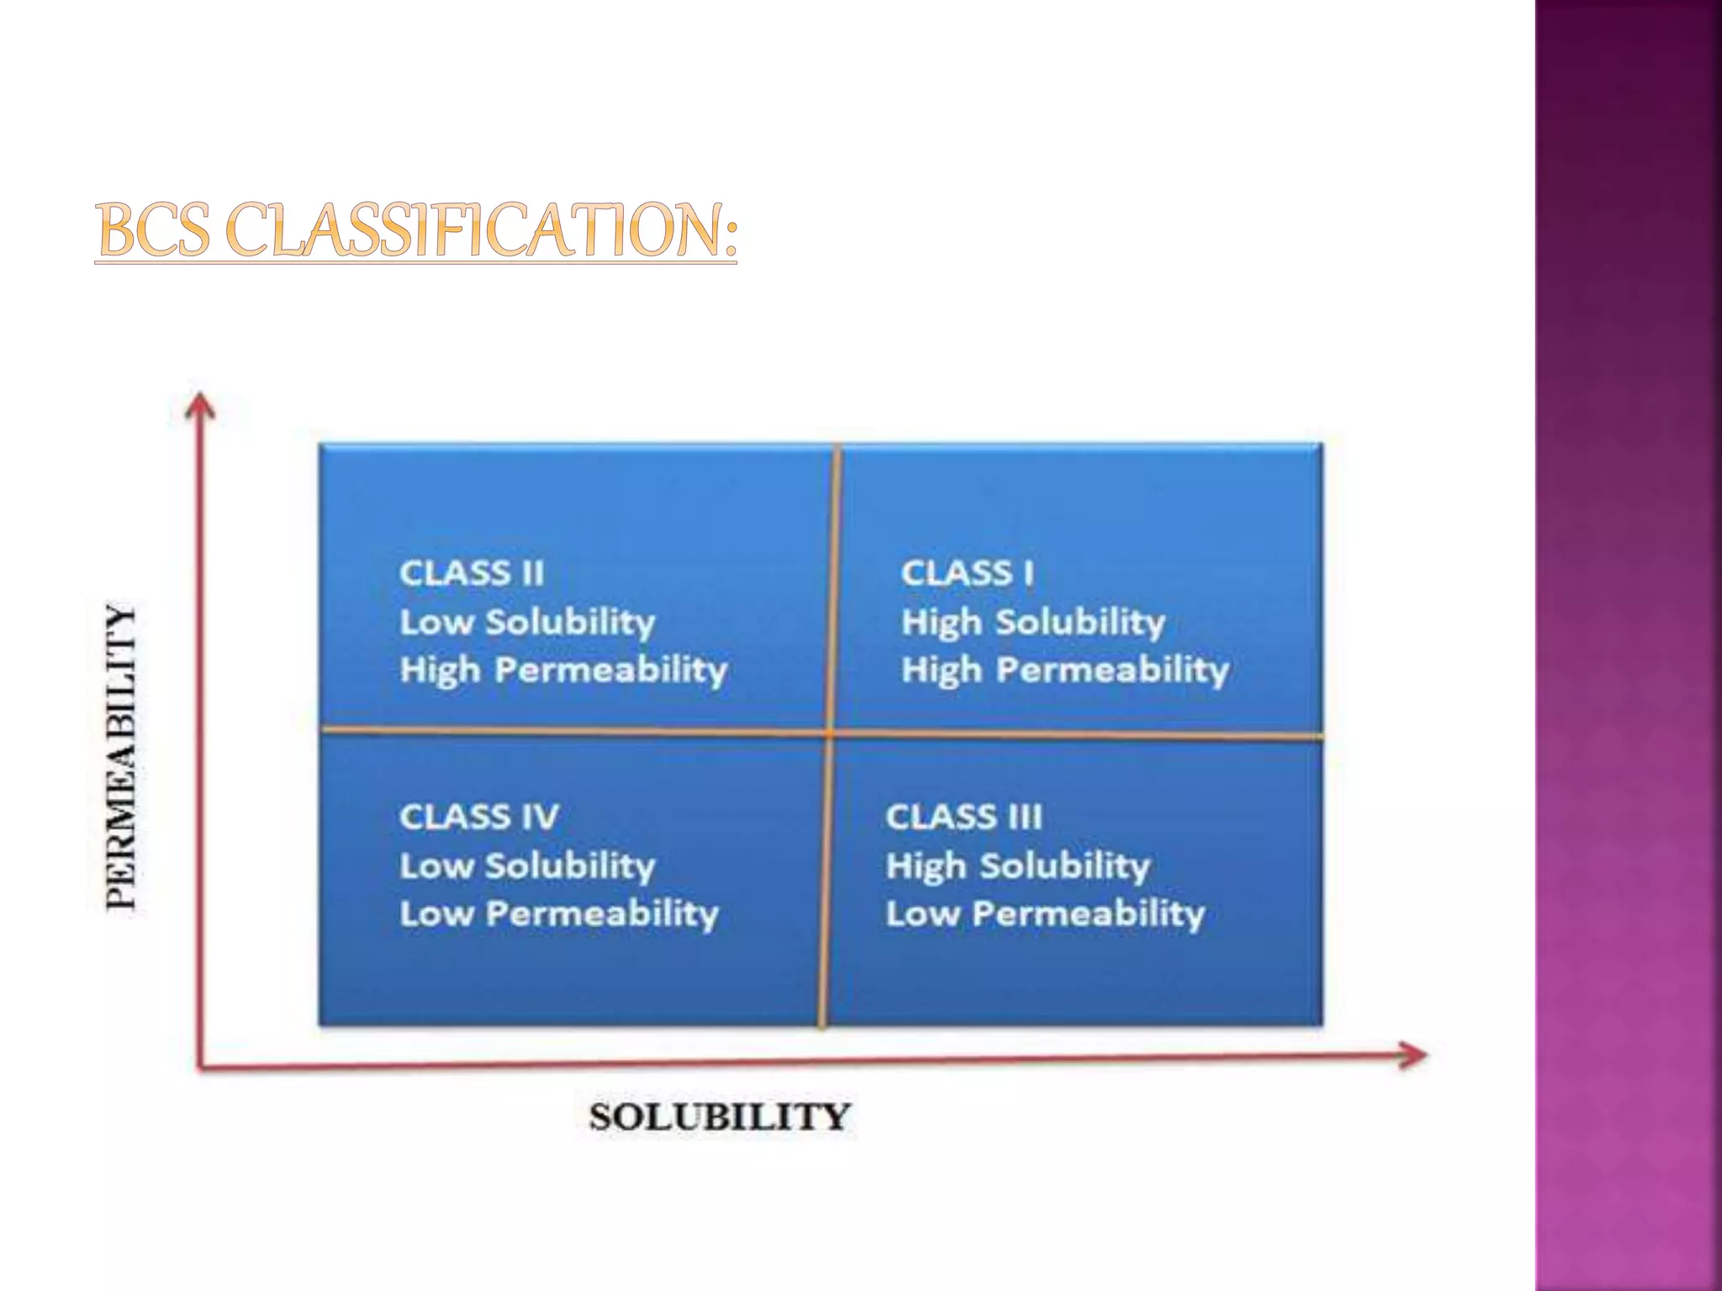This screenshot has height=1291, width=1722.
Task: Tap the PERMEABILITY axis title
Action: pos(123,756)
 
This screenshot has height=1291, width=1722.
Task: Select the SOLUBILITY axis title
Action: pos(720,1117)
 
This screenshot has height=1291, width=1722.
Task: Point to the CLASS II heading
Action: pos(472,573)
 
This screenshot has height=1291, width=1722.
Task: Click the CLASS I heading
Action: pos(967,573)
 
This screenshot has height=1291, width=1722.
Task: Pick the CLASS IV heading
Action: pos(478,817)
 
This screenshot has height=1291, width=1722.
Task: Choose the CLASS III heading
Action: pos(964,817)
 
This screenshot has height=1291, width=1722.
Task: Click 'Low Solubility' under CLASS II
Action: pos(527,623)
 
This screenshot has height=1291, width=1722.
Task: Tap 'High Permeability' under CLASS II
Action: pos(563,671)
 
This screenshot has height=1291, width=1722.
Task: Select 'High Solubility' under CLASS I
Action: pos(1033,623)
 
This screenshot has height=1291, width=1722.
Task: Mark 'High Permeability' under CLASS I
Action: pos(1065,671)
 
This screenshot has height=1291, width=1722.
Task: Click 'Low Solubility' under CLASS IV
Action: pos(527,866)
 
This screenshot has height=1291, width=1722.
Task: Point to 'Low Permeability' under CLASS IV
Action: pos(559,914)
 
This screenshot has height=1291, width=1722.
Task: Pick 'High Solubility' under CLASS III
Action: pos(1017,866)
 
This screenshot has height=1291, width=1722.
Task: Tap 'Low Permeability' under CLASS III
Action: pos(1045,914)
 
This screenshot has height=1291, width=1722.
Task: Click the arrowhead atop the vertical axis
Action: pos(199,404)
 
